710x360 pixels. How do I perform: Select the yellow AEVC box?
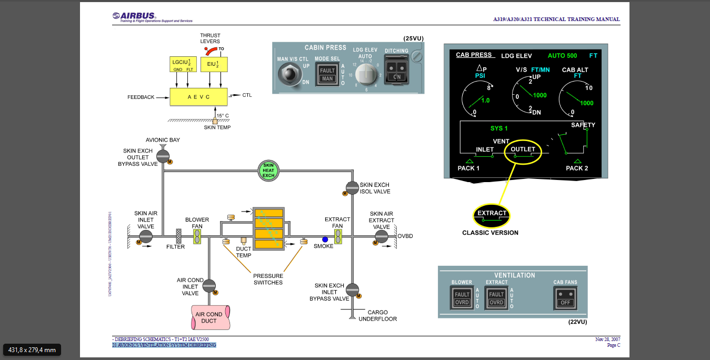(x=198, y=97)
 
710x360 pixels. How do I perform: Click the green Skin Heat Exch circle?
(x=268, y=171)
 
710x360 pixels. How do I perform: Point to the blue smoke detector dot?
(x=325, y=239)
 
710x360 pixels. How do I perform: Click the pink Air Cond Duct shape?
(x=209, y=317)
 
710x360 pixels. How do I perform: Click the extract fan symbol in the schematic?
(x=338, y=236)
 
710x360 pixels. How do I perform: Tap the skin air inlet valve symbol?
(x=145, y=237)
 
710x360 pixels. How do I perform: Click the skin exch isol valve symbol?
(x=352, y=187)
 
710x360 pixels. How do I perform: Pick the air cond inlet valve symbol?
(x=209, y=286)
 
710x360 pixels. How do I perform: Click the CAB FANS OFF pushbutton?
(x=566, y=298)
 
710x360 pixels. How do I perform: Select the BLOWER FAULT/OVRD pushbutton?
(x=462, y=298)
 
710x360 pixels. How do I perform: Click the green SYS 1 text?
(x=499, y=128)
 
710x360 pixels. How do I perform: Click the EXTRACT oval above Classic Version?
(x=492, y=215)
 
